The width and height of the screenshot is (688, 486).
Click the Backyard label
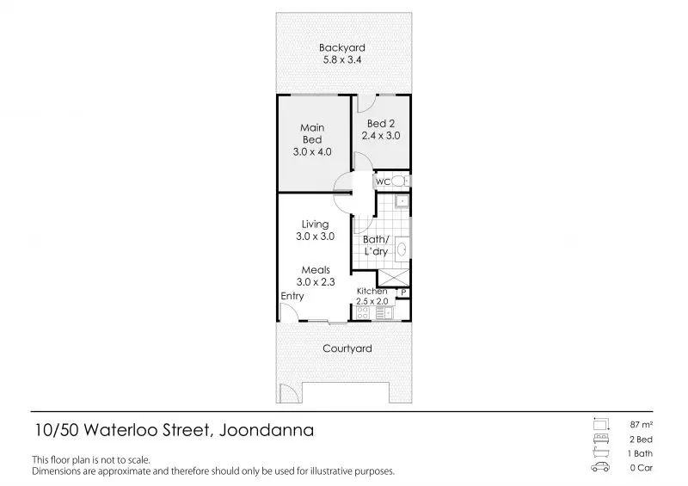(341, 47)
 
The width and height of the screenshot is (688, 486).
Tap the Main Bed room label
(312, 133)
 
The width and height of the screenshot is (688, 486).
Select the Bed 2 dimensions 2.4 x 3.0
(381, 136)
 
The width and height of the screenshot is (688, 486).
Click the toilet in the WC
(399, 181)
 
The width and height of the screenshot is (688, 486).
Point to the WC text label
(383, 181)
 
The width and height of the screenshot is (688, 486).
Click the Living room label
(315, 225)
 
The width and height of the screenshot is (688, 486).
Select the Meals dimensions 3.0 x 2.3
(316, 282)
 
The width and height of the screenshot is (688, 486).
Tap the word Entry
(292, 296)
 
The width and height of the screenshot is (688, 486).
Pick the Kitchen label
(372, 291)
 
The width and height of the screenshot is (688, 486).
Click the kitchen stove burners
(362, 312)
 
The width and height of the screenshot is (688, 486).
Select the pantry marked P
(403, 292)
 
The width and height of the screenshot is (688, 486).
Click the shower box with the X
(394, 279)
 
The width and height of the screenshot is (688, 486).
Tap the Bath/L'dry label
(376, 245)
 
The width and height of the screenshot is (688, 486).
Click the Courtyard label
(347, 348)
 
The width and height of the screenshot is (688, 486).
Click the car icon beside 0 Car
(600, 467)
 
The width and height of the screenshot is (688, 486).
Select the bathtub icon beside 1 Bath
(600, 452)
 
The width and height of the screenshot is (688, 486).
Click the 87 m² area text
(641, 425)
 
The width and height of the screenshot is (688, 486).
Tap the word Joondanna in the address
(267, 430)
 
